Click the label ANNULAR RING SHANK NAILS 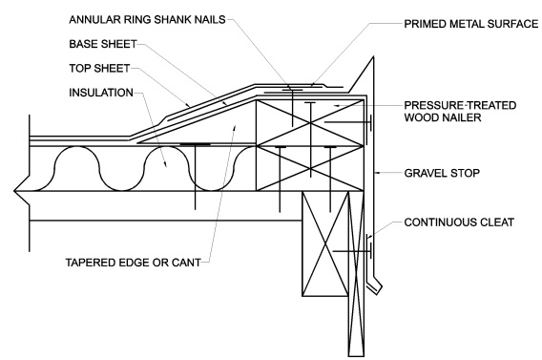[x=147, y=19]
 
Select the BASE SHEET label [x=103, y=44]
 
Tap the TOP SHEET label [x=99, y=68]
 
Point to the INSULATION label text [x=101, y=93]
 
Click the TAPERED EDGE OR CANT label [x=133, y=263]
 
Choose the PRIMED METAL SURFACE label [x=471, y=24]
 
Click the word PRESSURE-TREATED [x=460, y=105]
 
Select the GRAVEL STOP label [x=442, y=173]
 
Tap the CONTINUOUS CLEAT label [x=459, y=222]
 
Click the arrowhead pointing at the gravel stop [x=378, y=173]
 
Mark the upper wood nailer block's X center [x=310, y=123]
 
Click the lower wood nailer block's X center [x=310, y=168]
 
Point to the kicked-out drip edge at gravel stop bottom [x=375, y=287]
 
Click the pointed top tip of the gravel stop [x=373, y=57]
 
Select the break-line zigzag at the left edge [x=21, y=191]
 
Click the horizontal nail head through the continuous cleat [x=370, y=251]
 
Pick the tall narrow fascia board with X [x=356, y=273]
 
